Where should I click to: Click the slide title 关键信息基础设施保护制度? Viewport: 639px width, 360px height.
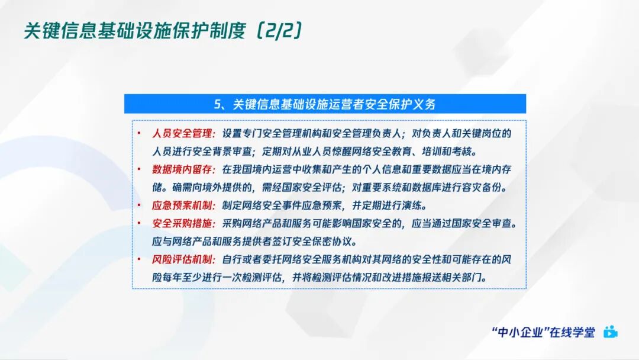coord(134,31)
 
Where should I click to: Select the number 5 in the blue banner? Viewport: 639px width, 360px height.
coord(217,104)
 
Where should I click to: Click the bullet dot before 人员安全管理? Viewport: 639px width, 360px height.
coord(139,134)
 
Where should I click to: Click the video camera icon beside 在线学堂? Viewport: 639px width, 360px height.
coord(610,332)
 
